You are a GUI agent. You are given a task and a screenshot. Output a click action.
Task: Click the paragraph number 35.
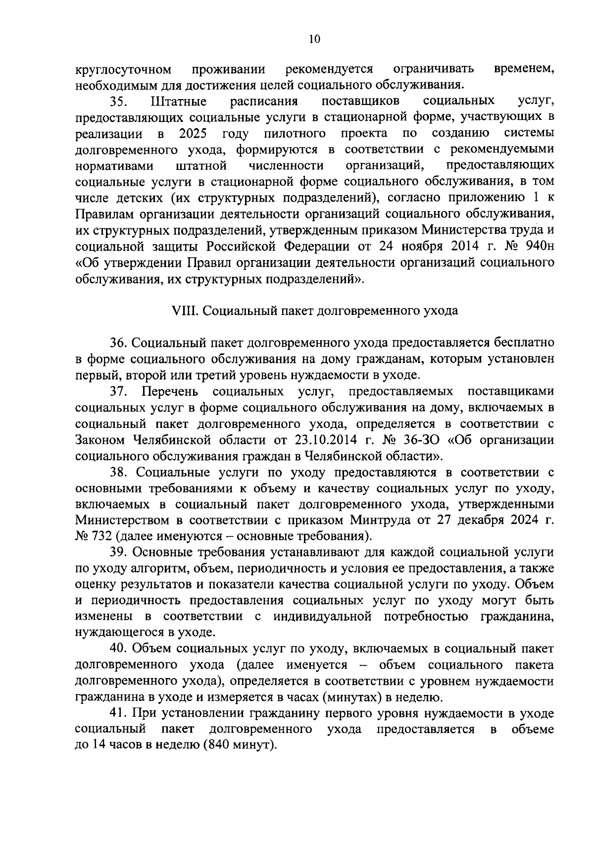coord(119,102)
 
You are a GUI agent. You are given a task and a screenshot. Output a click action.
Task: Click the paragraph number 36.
coord(119,343)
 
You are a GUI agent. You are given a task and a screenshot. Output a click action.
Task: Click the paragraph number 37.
coord(119,391)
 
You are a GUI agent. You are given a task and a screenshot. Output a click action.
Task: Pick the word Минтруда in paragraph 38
coord(375,521)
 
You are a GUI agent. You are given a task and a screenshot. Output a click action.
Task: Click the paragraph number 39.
coord(119,552)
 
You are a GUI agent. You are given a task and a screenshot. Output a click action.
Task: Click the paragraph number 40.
coord(119,649)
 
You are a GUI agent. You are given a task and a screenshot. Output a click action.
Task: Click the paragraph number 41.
coord(119,714)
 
